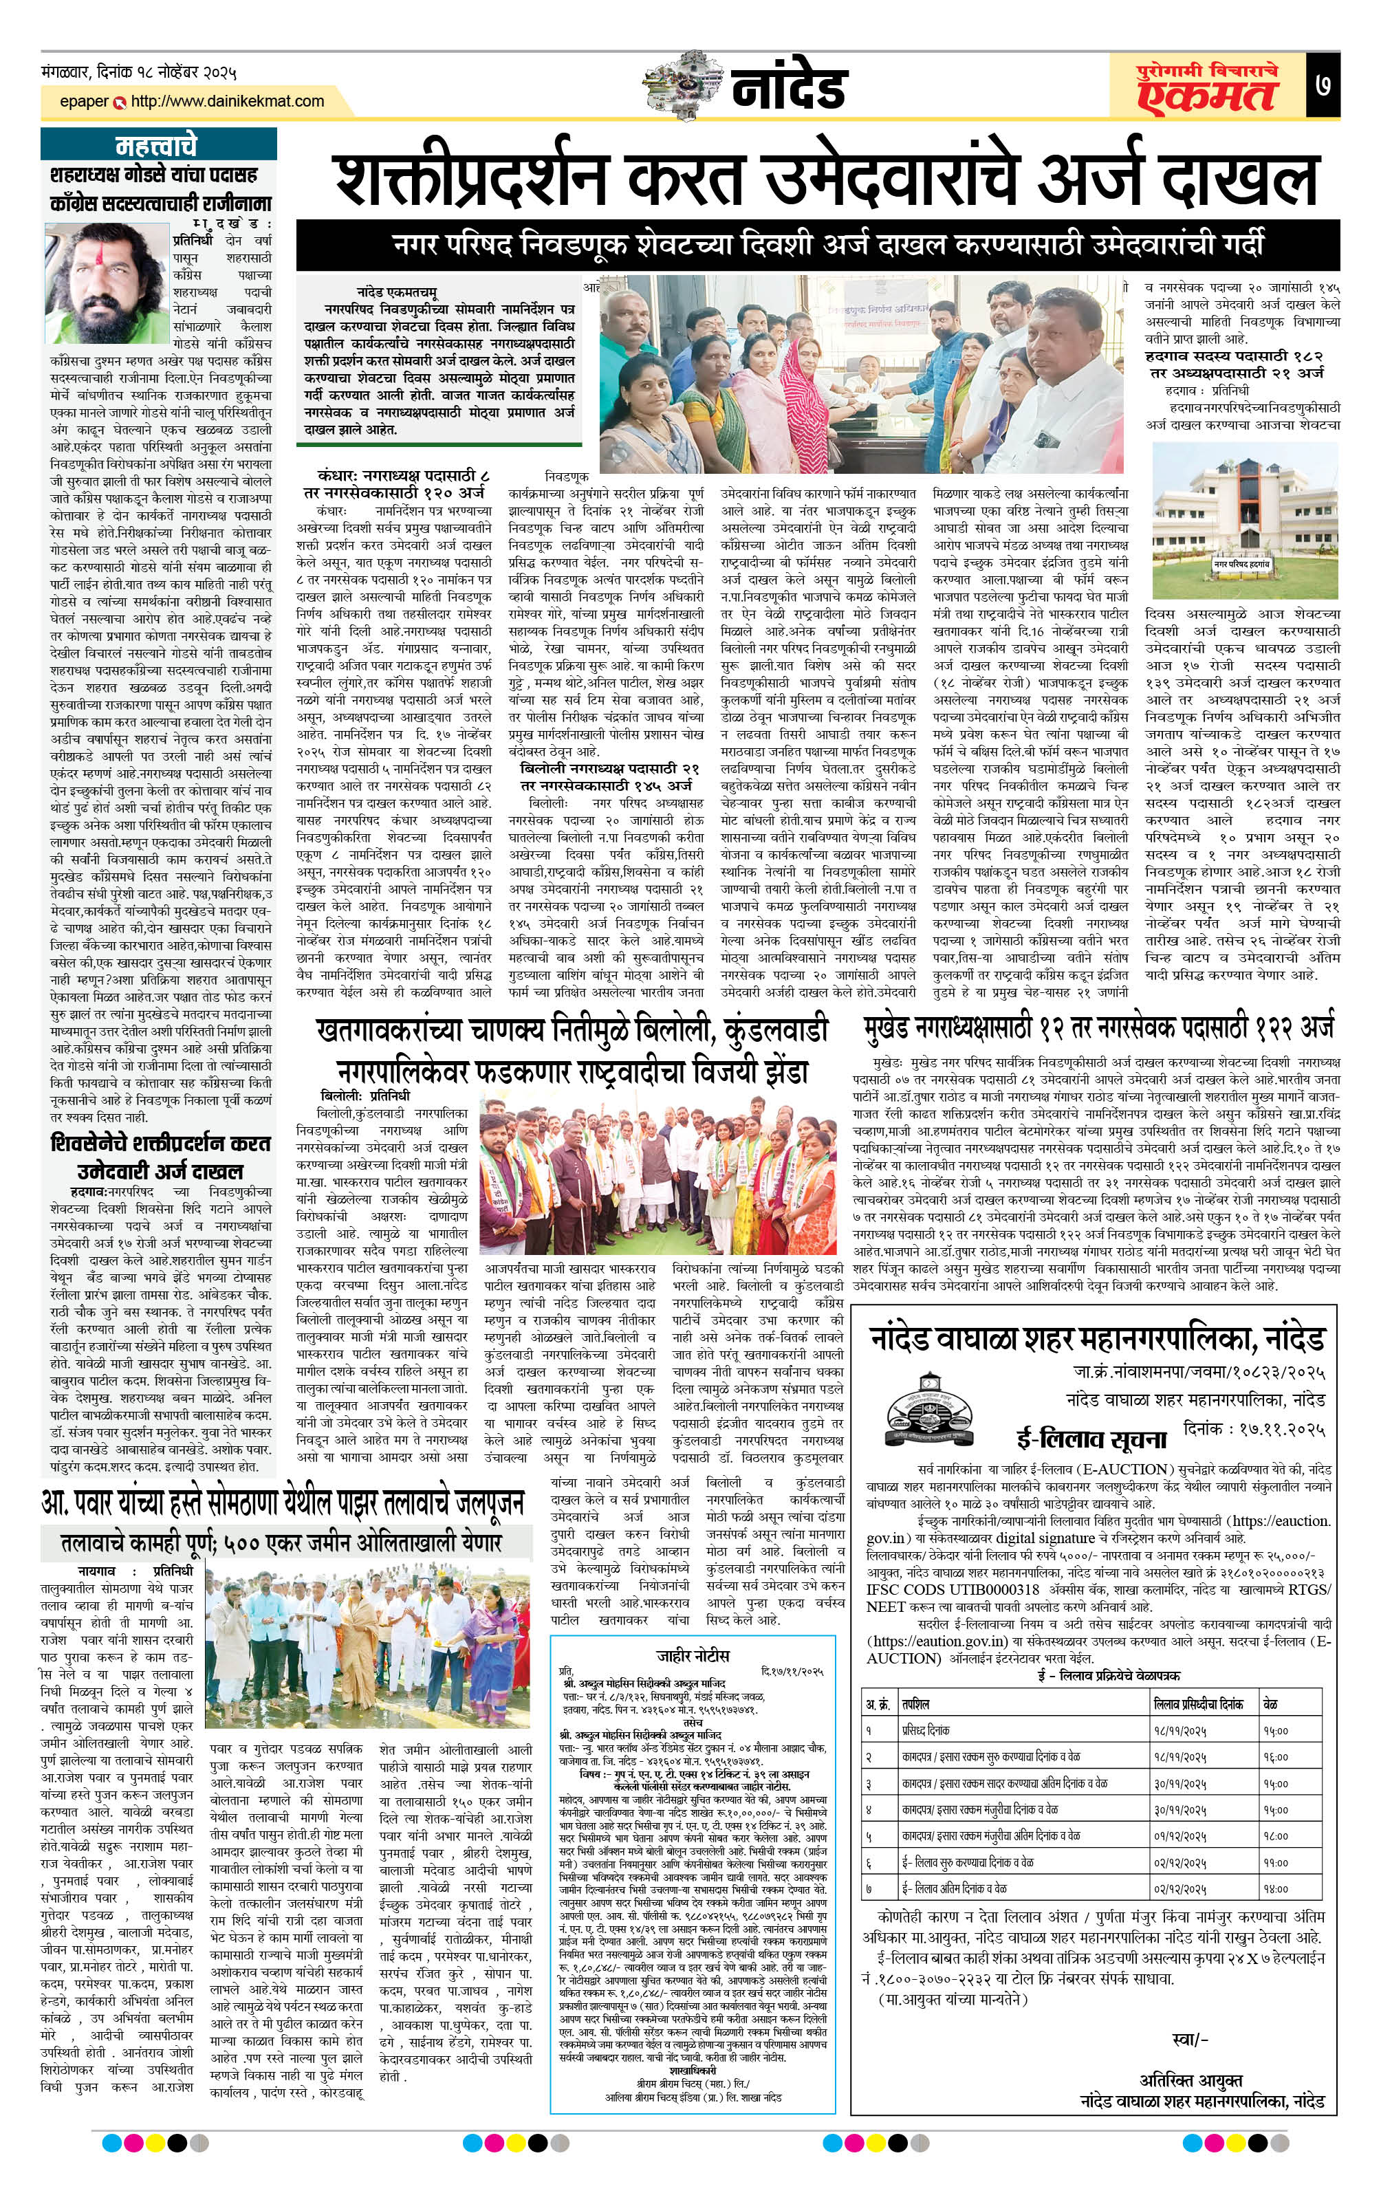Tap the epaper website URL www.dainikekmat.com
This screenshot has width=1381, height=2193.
pyautogui.click(x=228, y=101)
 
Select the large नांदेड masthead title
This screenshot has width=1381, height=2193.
pyautogui.click(x=789, y=88)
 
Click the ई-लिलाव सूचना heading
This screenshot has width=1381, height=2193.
pyautogui.click(x=1091, y=1439)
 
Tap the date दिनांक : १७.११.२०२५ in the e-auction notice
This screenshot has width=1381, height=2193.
pyautogui.click(x=1254, y=1429)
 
